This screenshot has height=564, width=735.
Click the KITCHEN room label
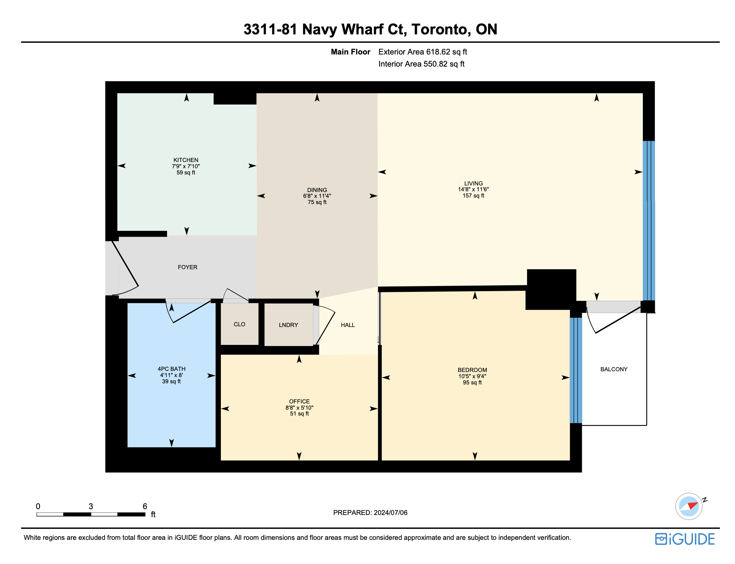186,160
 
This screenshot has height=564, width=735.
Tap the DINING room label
317,190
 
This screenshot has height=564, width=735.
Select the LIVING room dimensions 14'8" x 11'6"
474,189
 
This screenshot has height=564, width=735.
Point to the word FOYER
188,267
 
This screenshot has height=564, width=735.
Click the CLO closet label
240,324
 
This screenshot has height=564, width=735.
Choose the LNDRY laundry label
289,325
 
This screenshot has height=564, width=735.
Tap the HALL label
348,325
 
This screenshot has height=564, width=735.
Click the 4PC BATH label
171,369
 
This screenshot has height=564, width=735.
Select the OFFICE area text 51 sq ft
299,414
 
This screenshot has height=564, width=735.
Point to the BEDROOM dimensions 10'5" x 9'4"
472,376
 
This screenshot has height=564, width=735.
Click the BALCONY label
614,369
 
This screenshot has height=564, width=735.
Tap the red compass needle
693,505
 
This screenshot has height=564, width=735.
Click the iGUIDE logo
685,539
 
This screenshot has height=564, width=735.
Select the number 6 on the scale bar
145,506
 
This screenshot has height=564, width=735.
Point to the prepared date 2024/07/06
391,513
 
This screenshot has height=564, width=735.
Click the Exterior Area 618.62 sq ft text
423,52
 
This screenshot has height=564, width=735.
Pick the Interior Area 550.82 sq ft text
421,64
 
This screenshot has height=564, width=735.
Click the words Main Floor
350,52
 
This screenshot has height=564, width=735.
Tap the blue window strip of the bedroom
576,370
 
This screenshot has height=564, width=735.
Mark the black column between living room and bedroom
551,289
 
